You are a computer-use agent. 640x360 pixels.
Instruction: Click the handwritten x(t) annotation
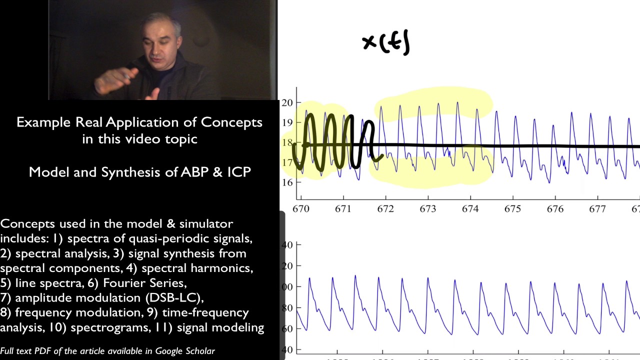coord(386,43)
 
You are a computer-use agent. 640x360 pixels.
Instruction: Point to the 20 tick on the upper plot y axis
coord(287,103)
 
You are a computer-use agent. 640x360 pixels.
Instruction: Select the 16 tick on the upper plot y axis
coord(287,182)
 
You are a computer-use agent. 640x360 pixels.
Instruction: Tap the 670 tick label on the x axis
coord(301,209)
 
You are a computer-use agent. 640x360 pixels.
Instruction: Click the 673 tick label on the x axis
coord(428,209)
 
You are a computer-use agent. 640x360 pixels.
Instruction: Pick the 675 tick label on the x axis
coord(512,209)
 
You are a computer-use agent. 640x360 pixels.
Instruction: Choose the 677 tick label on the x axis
coord(597,209)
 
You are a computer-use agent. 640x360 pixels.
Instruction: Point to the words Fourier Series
coord(144,283)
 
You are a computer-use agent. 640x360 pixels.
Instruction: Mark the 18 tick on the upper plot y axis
coord(287,143)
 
